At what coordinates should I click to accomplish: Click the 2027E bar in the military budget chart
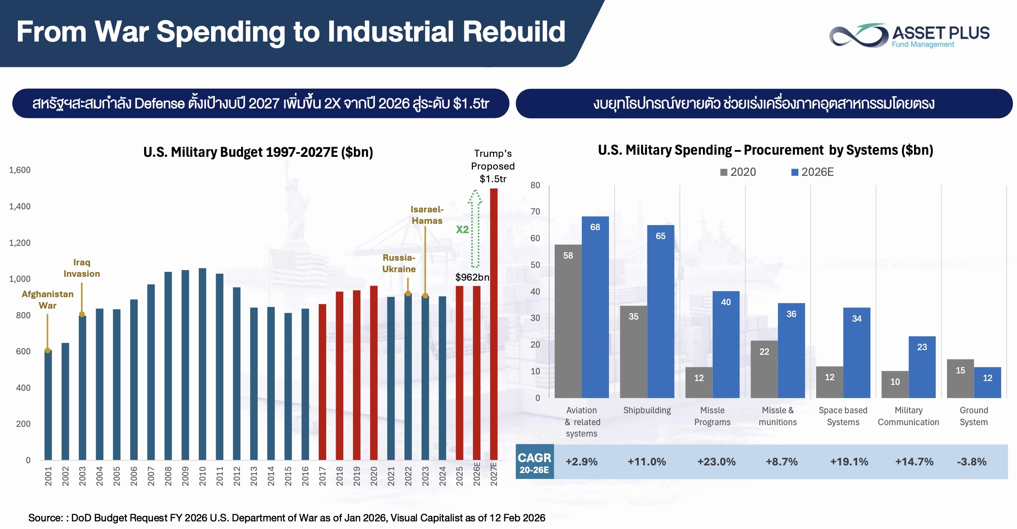click(x=494, y=324)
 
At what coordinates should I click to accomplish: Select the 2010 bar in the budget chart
click(x=203, y=364)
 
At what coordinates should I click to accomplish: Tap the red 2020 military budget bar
click(x=374, y=373)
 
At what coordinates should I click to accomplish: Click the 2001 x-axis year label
click(x=48, y=476)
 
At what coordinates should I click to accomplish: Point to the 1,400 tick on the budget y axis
click(x=20, y=206)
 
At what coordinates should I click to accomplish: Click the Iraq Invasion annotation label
click(x=82, y=268)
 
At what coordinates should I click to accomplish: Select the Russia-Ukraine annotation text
click(x=399, y=263)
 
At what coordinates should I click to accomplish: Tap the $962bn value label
click(x=472, y=277)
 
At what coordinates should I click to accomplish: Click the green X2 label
click(x=462, y=229)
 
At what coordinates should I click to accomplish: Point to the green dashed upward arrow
click(x=475, y=228)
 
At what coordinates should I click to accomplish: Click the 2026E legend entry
click(x=812, y=172)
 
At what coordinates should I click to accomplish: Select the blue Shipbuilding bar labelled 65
click(x=661, y=312)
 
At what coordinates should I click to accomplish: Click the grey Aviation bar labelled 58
click(x=568, y=321)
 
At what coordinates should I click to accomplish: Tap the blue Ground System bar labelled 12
click(x=987, y=382)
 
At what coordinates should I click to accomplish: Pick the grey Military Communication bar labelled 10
click(x=895, y=384)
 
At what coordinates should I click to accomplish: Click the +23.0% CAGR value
click(x=717, y=462)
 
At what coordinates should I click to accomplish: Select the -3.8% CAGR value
click(x=972, y=462)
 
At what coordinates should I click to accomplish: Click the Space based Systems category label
click(x=843, y=416)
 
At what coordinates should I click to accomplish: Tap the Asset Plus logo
click(x=909, y=35)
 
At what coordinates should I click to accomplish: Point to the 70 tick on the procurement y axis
click(x=535, y=212)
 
